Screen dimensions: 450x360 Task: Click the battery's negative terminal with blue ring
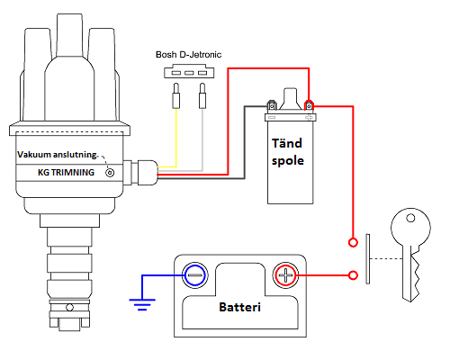pyautogui.click(x=195, y=275)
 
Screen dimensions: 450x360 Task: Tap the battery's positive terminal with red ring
pyautogui.click(x=285, y=275)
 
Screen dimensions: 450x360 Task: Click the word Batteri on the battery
pyautogui.click(x=239, y=307)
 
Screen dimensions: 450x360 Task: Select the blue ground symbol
pyautogui.click(x=142, y=304)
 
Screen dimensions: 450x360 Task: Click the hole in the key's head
pyautogui.click(x=410, y=218)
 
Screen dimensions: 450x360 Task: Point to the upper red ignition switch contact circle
pyautogui.click(x=353, y=242)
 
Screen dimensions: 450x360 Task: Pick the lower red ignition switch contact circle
pyautogui.click(x=353, y=275)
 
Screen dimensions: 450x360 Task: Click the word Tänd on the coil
pyautogui.click(x=287, y=143)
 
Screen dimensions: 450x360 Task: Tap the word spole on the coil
pyautogui.click(x=288, y=160)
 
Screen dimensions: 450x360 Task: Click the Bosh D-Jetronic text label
pyautogui.click(x=188, y=55)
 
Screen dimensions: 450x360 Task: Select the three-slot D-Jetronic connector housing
pyautogui.click(x=189, y=71)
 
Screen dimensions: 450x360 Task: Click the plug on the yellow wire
pyautogui.click(x=176, y=95)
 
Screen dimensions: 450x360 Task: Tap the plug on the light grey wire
pyautogui.click(x=202, y=95)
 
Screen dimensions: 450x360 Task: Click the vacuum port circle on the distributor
pyautogui.click(x=110, y=173)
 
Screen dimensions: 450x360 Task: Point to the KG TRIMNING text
pyautogui.click(x=66, y=173)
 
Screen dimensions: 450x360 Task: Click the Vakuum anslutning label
pyautogui.click(x=57, y=155)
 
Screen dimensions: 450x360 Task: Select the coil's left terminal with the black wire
pyautogui.click(x=272, y=105)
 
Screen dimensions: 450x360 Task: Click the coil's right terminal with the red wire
pyautogui.click(x=309, y=105)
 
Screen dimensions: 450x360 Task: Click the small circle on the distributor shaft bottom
pyautogui.click(x=69, y=308)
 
